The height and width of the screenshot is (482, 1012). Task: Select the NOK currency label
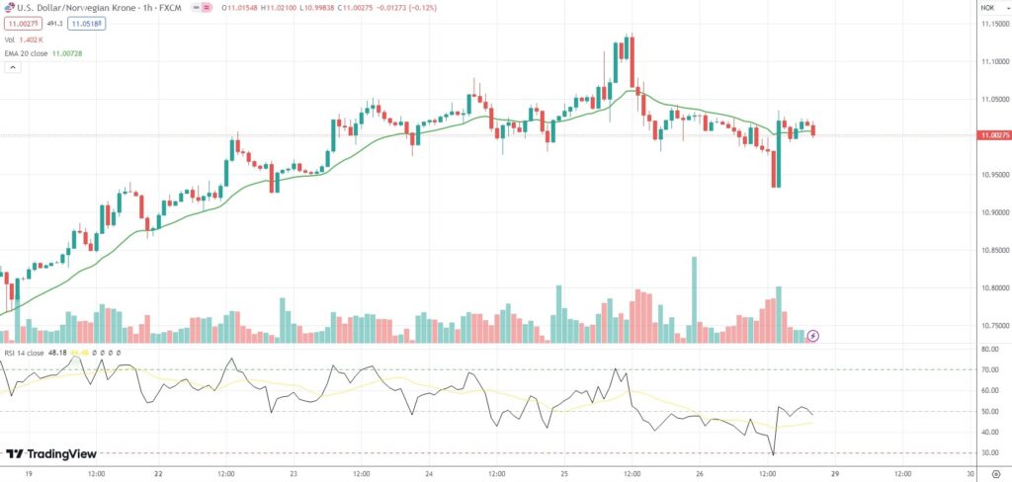pos(987,7)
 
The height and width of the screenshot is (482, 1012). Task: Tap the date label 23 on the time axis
pos(294,472)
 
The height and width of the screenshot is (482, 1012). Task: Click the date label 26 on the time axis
pos(698,472)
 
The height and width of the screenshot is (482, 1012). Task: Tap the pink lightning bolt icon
pos(813,336)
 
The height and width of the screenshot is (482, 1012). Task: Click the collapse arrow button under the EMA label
pos(13,68)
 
